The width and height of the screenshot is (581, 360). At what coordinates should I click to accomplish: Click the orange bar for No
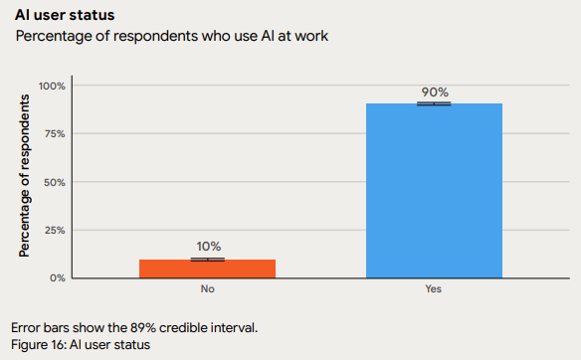(x=207, y=269)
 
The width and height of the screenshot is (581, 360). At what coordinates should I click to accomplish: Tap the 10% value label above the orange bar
(x=208, y=247)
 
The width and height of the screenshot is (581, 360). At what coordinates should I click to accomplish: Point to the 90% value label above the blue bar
(x=434, y=91)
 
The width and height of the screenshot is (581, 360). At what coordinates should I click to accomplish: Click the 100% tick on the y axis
(x=52, y=86)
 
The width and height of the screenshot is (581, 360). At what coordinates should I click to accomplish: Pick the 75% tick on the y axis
(x=54, y=133)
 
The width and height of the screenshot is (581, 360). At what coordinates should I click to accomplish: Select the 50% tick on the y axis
(x=54, y=182)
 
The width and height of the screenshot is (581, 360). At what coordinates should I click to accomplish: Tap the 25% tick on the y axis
(x=54, y=230)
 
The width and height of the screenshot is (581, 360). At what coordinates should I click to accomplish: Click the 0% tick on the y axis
(x=57, y=277)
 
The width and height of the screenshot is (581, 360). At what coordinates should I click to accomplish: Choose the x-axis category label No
(x=207, y=289)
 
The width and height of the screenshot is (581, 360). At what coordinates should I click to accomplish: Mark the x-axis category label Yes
(x=434, y=289)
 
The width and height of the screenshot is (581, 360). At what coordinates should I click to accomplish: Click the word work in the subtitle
(x=309, y=37)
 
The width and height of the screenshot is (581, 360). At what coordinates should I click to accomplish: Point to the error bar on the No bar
(x=207, y=259)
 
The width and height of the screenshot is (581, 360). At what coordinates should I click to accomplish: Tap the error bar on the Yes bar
(x=434, y=103)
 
